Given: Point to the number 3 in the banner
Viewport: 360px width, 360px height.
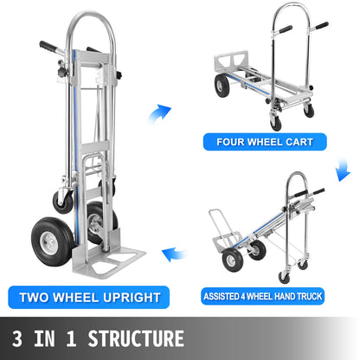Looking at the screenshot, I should click(18, 337).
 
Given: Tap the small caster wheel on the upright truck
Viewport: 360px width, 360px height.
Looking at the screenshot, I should click(62, 200).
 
